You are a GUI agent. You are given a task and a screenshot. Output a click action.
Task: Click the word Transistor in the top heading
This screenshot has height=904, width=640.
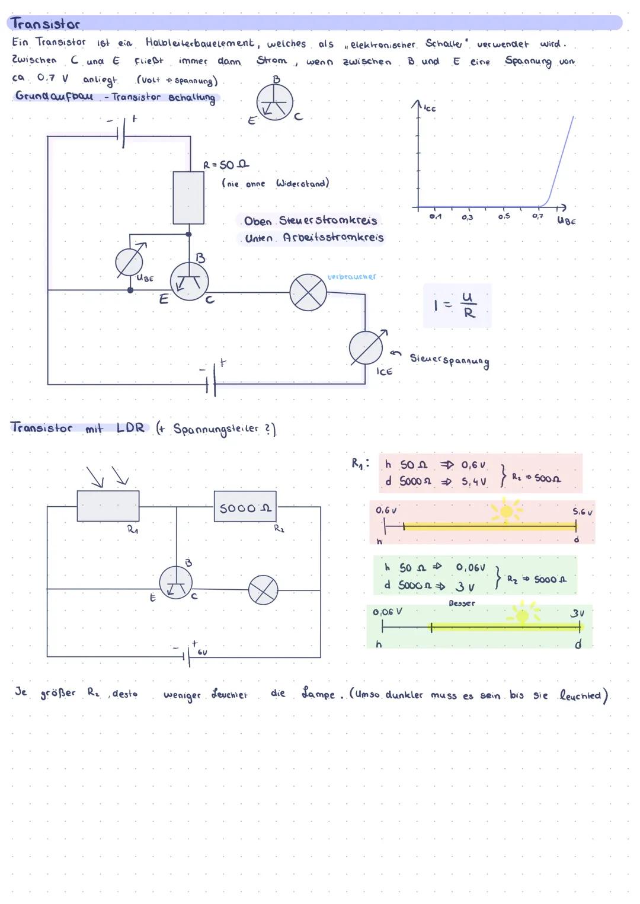click(45, 24)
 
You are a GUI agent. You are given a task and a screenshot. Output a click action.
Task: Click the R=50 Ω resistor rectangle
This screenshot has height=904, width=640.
click(188, 197)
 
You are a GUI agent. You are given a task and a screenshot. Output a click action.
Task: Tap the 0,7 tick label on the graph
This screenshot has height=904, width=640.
click(537, 217)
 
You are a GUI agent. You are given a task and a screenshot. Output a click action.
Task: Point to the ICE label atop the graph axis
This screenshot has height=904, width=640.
click(430, 109)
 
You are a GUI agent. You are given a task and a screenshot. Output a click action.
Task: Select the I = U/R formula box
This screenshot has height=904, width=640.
click(457, 305)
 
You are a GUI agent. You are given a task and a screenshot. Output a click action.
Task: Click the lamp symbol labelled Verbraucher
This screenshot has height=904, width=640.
click(308, 293)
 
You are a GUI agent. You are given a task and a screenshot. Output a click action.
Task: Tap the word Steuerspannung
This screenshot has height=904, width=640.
click(450, 360)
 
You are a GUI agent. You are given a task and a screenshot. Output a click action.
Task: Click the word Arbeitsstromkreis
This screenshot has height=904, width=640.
click(333, 238)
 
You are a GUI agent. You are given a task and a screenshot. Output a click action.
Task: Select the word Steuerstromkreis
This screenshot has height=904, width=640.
click(328, 221)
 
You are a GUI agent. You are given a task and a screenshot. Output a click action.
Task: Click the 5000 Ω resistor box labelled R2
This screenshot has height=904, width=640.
click(245, 507)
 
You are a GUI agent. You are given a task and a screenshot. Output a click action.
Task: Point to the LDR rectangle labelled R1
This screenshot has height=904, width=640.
click(108, 506)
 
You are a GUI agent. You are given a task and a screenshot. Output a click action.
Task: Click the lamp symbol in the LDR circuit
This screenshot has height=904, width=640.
click(263, 590)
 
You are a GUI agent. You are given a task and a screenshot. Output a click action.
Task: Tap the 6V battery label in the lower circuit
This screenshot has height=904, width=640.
click(202, 652)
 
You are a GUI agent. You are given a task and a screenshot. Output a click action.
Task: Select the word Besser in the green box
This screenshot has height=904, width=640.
click(462, 603)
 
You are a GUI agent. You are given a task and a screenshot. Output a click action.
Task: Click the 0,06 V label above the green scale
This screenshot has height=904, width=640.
click(387, 612)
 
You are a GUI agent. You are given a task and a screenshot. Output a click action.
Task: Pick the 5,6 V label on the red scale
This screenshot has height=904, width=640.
click(582, 511)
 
